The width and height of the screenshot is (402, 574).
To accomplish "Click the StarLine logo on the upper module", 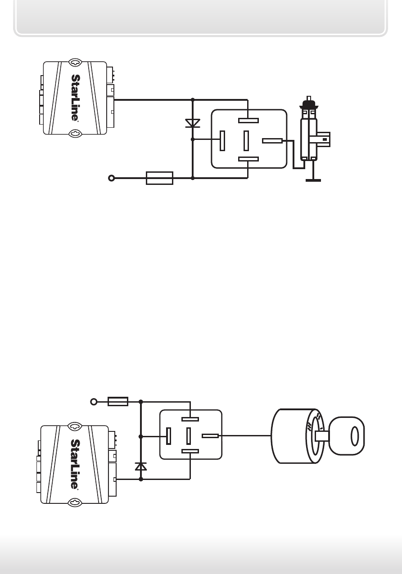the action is [75, 98].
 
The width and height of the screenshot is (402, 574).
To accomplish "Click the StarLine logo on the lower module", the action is [75, 464].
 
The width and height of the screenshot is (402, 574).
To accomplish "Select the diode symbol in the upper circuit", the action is [193, 123].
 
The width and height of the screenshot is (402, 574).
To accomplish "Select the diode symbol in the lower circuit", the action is [141, 466].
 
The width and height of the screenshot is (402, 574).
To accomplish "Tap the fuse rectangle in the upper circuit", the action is [159, 178].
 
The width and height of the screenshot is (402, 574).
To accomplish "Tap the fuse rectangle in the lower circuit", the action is [118, 402].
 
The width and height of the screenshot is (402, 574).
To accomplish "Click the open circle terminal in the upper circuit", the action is [112, 178].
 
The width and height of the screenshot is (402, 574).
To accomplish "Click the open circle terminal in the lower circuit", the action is [94, 402].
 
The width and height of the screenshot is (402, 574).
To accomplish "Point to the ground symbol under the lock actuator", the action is [313, 180].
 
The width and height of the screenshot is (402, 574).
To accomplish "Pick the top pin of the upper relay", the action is [248, 121].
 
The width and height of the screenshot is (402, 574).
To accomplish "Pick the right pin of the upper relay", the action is [272, 141].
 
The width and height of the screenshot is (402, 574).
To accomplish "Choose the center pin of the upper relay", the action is [246, 141].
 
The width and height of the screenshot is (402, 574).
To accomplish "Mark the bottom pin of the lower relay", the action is [190, 451].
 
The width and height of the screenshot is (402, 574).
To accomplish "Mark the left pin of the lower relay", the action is [168, 436].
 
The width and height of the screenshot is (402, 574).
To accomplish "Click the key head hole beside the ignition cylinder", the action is [355, 436].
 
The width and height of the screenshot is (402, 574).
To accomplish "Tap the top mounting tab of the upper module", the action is [75, 62].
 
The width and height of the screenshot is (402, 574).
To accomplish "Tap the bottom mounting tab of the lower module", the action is [75, 503].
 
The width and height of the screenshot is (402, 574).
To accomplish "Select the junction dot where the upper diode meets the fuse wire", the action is [193, 178].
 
